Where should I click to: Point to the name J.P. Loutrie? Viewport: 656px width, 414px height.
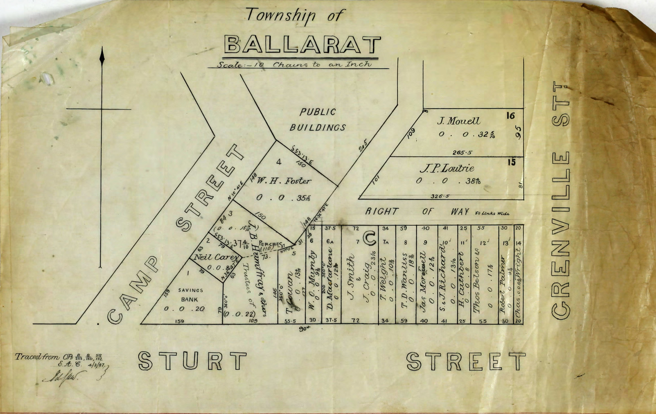447,168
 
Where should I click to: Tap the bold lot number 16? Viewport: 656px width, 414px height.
511,116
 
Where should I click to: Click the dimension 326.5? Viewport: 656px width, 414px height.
440,196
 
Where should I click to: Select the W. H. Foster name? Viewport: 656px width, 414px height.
283,181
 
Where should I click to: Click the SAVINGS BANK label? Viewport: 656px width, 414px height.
190,295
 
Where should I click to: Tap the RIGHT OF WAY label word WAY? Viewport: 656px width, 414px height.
460,211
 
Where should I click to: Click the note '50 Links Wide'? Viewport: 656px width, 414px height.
492,213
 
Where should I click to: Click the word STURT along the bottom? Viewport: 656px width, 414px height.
192,361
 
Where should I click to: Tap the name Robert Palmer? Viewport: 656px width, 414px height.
503,285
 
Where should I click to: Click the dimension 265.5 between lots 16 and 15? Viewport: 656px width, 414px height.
462,153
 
